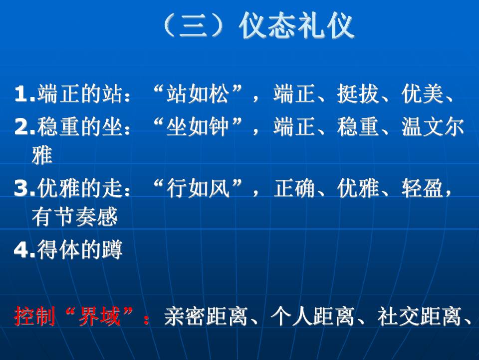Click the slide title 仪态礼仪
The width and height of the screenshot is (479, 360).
pos(296,25)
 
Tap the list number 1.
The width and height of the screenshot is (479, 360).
pos(24,93)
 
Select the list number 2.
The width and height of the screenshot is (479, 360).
pos(24,126)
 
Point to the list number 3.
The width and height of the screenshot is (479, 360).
pos(24,187)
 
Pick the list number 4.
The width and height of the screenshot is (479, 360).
pos(24,249)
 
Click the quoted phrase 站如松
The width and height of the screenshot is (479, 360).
pos(198,93)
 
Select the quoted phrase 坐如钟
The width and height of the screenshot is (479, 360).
pos(198,126)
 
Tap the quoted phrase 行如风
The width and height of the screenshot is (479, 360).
pos(198,187)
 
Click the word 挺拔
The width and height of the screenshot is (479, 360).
pos(358,93)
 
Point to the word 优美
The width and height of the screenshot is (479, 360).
pos(422,93)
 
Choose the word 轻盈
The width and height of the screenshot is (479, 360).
pos(422,187)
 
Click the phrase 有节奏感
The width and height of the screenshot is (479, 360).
pos(75,216)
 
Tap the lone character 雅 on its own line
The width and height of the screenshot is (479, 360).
pos(42,155)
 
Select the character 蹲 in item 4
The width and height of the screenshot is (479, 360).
pos(112,249)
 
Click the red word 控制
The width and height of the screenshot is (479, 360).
pos(34,316)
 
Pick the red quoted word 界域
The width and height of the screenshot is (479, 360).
pos(99,316)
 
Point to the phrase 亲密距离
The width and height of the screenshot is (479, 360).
pos(206,316)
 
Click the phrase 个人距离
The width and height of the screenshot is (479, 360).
pos(312,316)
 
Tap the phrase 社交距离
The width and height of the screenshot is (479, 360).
pos(419,316)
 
